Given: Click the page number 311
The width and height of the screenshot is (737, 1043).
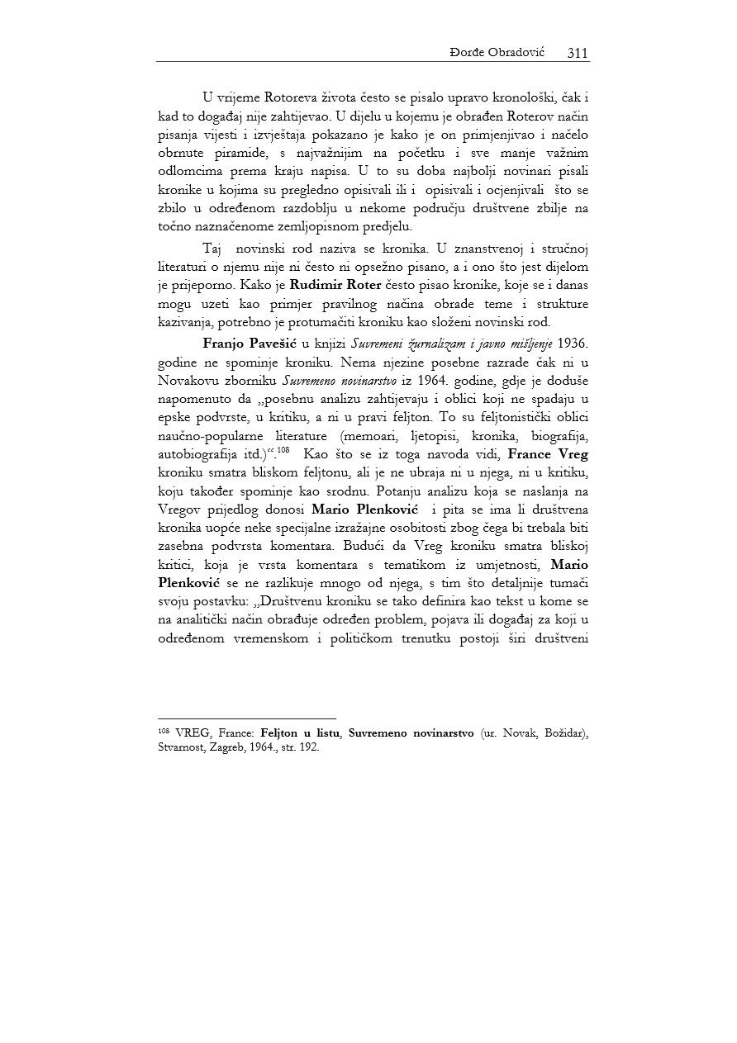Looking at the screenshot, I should point(578,53).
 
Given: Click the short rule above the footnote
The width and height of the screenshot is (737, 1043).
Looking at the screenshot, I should point(247,718).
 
